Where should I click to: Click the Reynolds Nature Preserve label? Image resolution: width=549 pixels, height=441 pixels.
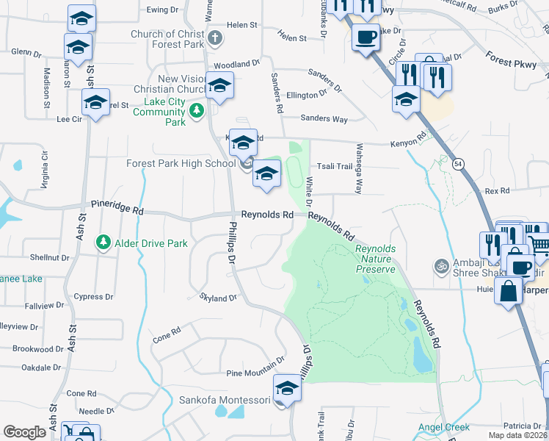[x=375, y=259]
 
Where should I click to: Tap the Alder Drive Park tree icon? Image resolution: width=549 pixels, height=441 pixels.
[x=103, y=242]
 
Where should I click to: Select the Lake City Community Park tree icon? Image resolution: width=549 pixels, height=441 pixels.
[x=196, y=112]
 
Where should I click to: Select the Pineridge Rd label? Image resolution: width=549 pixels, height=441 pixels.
[x=117, y=207]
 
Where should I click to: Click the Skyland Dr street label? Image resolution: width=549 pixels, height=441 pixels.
[x=219, y=298]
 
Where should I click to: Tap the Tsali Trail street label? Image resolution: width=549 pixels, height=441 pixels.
[x=335, y=167]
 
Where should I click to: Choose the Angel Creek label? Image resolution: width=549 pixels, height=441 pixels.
[x=443, y=427]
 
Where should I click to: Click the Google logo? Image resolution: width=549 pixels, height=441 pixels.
[x=24, y=432]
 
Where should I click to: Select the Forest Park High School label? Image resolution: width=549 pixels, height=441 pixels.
[x=181, y=163]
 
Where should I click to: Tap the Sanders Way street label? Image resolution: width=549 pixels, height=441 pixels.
[x=324, y=118]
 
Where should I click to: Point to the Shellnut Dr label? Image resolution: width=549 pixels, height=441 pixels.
[x=48, y=258]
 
